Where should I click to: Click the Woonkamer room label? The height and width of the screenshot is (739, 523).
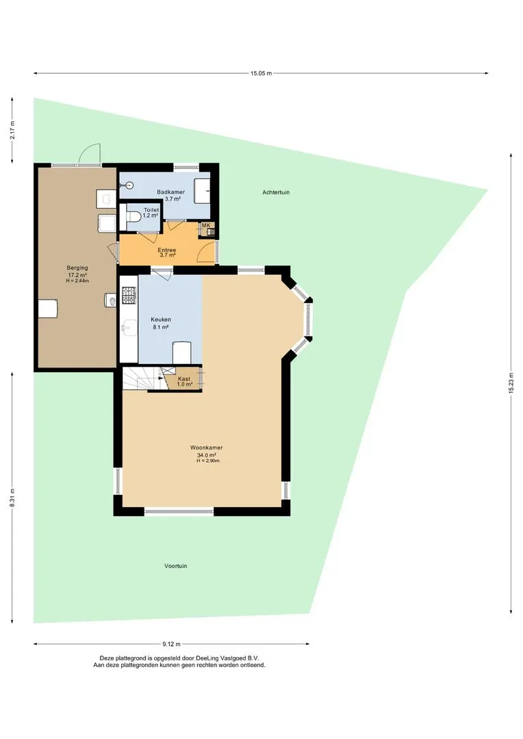207,448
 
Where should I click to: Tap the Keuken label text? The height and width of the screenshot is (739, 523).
161,320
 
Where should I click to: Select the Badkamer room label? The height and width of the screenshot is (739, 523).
170,192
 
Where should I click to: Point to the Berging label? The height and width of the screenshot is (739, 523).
77,268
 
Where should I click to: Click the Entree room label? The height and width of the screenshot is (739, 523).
167,250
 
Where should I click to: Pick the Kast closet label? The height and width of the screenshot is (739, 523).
184,379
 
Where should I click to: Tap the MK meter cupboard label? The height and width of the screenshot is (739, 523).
206,225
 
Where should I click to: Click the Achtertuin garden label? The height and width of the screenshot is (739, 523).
276,192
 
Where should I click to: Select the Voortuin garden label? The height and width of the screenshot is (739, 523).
176,566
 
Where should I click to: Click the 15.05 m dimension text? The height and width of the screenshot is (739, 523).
261,73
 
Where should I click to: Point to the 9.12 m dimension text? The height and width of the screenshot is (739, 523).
172,644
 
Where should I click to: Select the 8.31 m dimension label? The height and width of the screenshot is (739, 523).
12,497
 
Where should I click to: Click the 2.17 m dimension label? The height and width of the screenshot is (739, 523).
12,131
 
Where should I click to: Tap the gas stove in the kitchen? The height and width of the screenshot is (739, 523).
129,296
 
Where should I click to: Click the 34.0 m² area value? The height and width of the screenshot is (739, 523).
207,455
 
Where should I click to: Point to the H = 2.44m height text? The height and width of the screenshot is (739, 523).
77,281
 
